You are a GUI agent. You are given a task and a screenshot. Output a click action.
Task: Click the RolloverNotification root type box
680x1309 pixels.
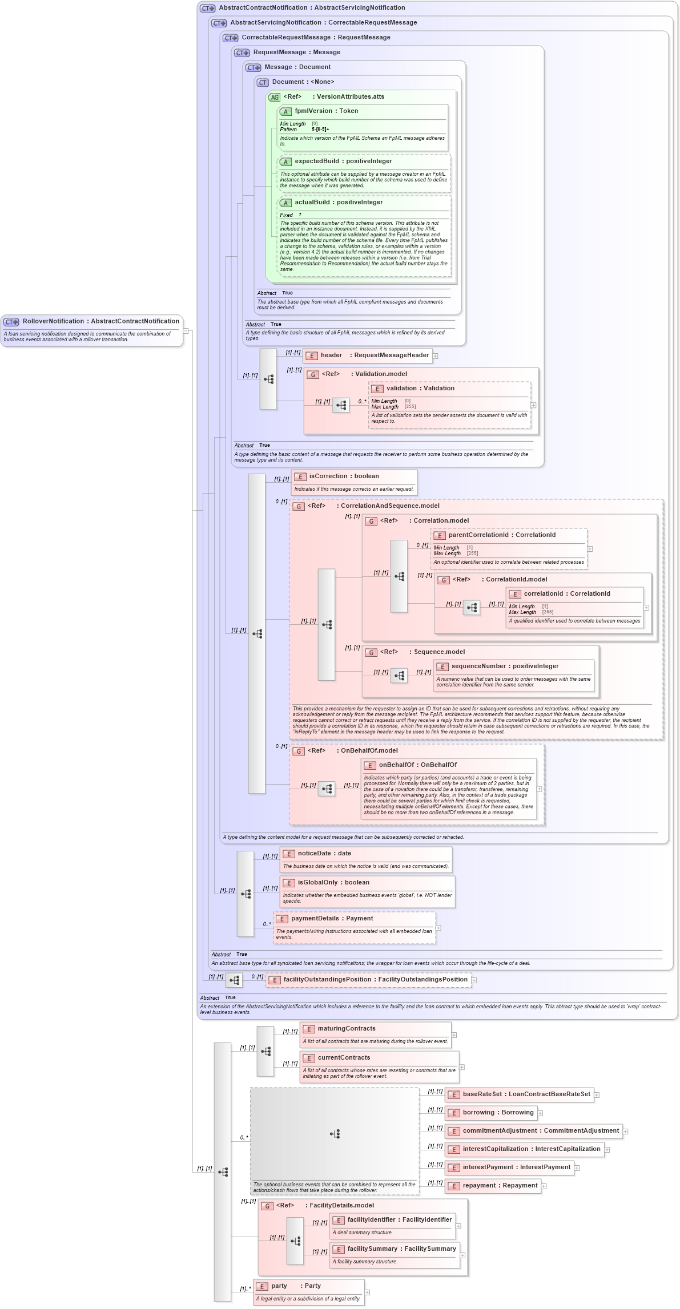click(91, 329)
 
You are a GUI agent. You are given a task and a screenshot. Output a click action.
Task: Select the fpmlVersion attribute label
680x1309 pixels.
click(326, 111)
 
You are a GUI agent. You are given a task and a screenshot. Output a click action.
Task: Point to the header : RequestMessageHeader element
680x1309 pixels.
click(374, 355)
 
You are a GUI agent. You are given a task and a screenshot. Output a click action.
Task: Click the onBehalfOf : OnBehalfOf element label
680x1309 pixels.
click(417, 765)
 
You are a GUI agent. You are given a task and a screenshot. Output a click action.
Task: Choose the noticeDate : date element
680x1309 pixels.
click(324, 854)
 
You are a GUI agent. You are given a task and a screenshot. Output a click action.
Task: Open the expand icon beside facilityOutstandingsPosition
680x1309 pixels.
click(474, 980)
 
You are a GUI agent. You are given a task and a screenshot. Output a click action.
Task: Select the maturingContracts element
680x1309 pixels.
click(346, 1029)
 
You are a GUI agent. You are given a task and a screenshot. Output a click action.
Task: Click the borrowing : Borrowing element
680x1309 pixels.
click(498, 1113)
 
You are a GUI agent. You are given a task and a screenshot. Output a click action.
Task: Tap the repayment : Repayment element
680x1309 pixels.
click(500, 1186)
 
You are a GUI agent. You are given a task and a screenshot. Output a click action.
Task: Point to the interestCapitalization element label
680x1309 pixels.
click(531, 1149)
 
